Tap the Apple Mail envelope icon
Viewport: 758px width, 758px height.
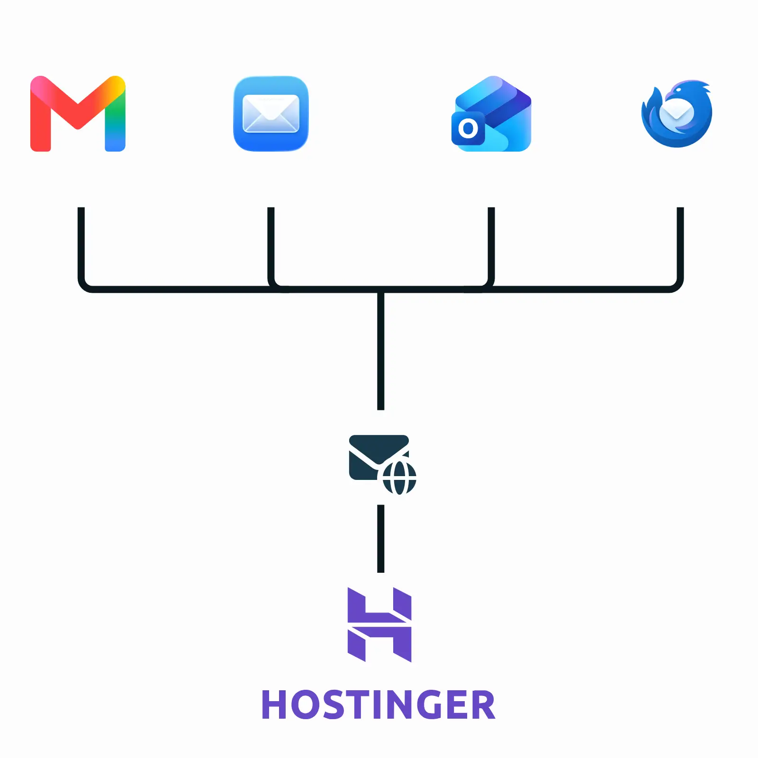tap(271, 114)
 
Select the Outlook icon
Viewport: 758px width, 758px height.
tap(491, 114)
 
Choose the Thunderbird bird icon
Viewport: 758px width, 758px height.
tap(677, 114)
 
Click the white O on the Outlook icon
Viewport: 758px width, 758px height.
tap(468, 128)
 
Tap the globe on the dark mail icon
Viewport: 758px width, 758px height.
tap(399, 478)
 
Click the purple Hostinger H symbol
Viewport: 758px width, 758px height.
tap(379, 625)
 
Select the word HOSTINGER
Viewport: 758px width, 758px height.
tap(379, 705)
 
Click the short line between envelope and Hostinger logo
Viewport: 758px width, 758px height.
tap(381, 539)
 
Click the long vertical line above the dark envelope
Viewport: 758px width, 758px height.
tap(381, 351)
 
